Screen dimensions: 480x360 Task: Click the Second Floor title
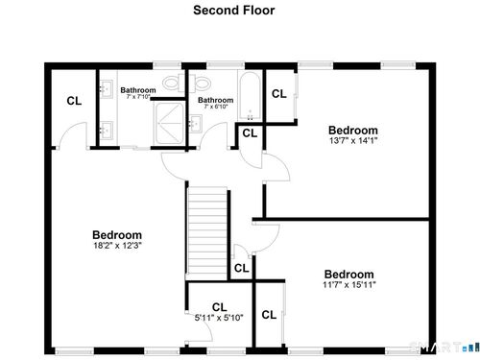(234, 11)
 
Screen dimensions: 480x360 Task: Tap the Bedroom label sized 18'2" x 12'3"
(117, 235)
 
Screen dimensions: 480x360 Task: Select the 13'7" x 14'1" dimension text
(353, 140)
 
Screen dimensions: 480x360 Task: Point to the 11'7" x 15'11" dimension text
(349, 284)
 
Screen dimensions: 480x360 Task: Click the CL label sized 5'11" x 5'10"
(220, 307)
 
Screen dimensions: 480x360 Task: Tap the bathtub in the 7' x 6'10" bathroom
(250, 96)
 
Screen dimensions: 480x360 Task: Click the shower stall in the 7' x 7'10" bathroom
(169, 123)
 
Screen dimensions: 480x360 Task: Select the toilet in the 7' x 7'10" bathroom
(174, 83)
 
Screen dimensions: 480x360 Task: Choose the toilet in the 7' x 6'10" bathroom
(200, 83)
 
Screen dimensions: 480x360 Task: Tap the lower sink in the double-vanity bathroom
(106, 130)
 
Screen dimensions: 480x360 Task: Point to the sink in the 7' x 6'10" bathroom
(195, 124)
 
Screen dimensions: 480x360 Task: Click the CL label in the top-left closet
(74, 101)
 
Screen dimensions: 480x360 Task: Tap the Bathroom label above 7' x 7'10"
(138, 90)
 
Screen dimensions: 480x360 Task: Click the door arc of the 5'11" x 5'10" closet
(204, 330)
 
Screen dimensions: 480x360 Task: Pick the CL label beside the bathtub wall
(279, 94)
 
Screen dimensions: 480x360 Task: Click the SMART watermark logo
(444, 348)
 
